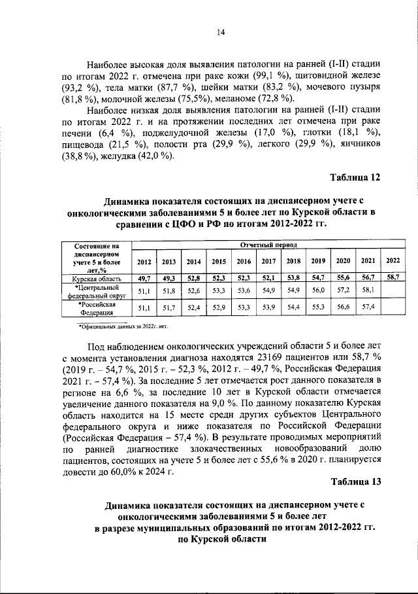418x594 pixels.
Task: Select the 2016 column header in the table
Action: [x=244, y=261]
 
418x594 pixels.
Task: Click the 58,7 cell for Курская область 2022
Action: [x=392, y=277]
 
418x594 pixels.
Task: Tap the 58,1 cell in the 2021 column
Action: [x=368, y=289]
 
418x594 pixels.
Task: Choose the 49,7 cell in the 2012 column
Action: [x=144, y=278]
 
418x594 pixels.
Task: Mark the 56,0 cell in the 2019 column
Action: [x=318, y=289]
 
